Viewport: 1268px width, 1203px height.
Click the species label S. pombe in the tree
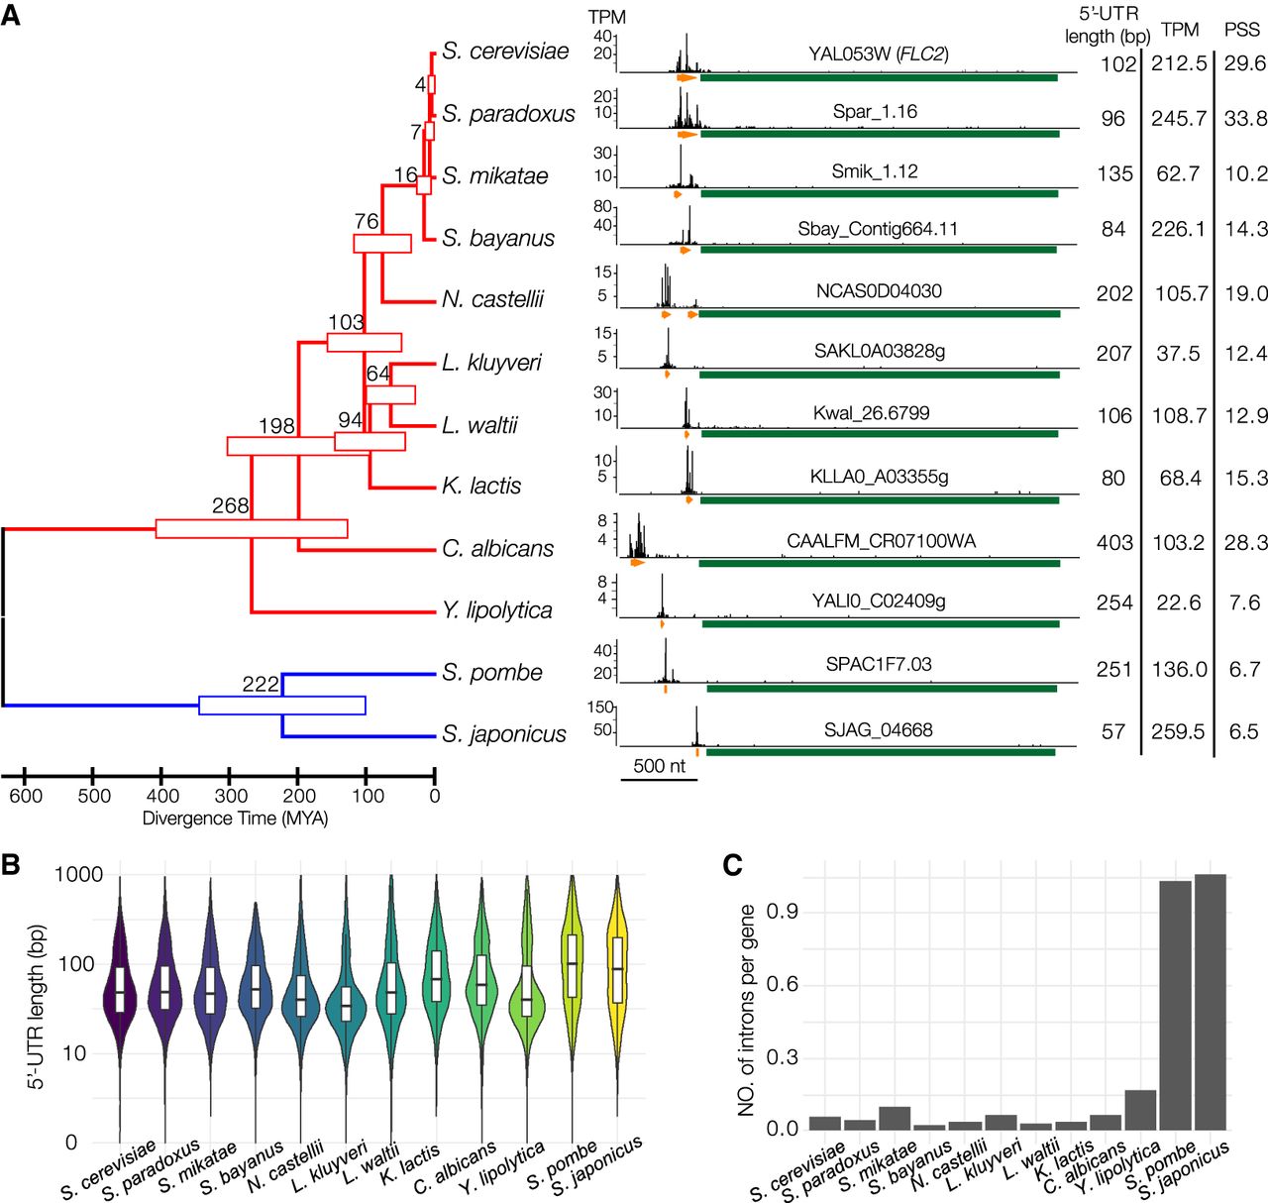coord(491,673)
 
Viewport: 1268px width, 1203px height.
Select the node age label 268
coord(230,505)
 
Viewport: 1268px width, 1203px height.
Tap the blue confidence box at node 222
coord(282,706)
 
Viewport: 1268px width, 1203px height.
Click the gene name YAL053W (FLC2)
coord(878,54)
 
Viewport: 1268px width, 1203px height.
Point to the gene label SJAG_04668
coord(878,730)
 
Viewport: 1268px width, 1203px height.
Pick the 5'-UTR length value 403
coord(1114,542)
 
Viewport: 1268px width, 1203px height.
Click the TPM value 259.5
coord(1178,731)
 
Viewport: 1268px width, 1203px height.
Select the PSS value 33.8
coord(1245,118)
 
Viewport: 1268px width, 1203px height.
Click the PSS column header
coord(1241,30)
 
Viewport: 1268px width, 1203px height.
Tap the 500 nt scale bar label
coord(659,766)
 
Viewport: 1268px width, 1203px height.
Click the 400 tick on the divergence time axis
coord(162,795)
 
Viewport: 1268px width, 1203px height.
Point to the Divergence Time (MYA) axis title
coord(235,819)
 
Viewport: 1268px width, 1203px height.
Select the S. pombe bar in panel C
coord(1175,1005)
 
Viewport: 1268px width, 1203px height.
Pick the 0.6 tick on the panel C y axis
coord(782,984)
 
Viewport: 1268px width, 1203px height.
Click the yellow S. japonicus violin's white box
coord(618,969)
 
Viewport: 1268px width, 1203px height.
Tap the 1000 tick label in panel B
coord(79,874)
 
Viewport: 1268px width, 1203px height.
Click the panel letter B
coord(11,864)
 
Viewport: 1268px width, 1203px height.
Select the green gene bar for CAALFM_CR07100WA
coord(879,563)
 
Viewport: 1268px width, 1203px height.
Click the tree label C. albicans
coord(497,549)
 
